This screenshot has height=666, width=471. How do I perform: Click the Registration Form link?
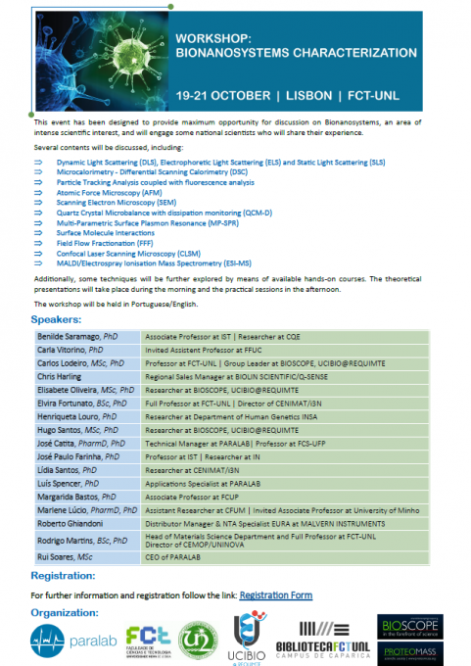coord(276,595)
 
